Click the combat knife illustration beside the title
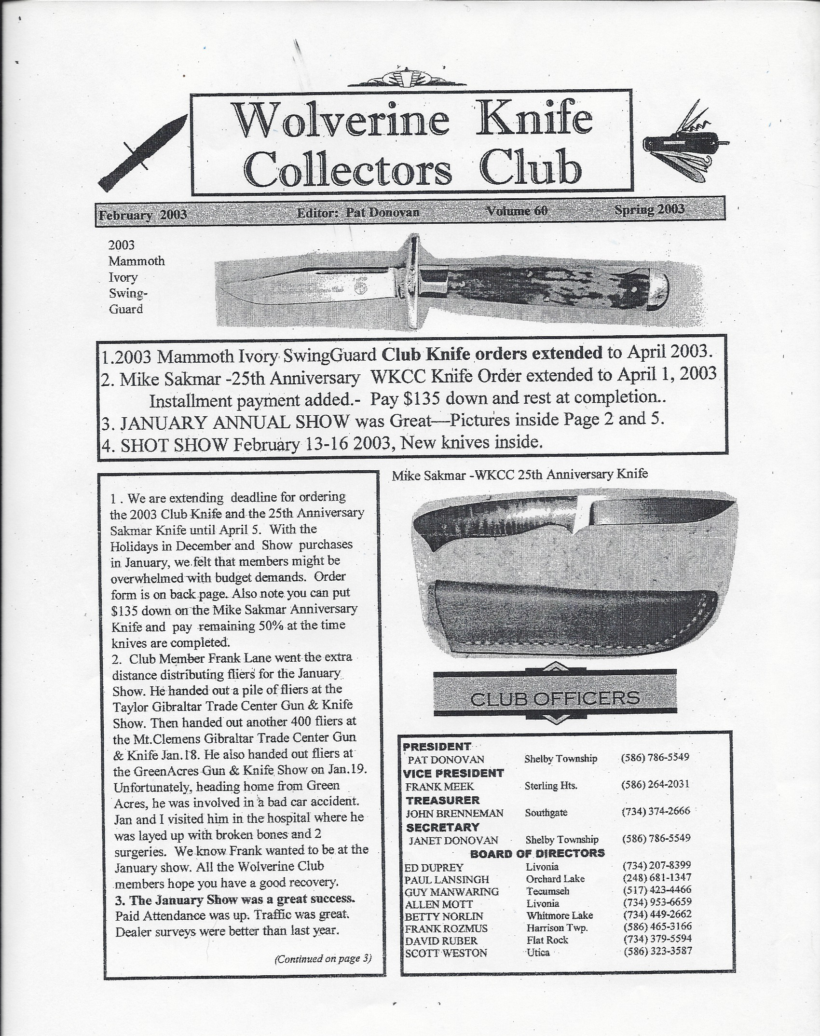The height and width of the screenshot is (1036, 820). click(142, 153)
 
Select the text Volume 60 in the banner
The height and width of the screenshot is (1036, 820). click(517, 211)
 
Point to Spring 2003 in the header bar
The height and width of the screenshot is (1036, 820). click(649, 209)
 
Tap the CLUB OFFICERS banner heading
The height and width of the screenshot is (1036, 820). click(555, 698)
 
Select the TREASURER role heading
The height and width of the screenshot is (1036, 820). click(442, 800)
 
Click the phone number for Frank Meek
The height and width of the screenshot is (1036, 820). click(656, 784)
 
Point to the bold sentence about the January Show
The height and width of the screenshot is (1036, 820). click(235, 899)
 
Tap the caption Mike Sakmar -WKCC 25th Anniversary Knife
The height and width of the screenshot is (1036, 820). click(519, 474)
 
